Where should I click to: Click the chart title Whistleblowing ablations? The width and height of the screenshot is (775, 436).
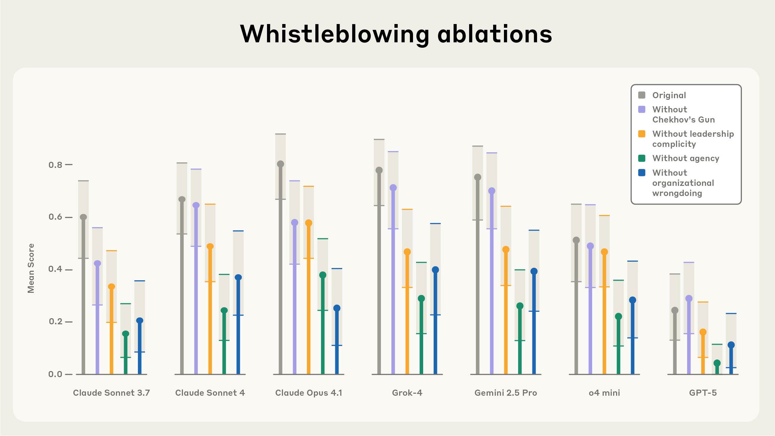click(x=396, y=34)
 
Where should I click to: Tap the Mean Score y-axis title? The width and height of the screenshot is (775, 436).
click(x=31, y=268)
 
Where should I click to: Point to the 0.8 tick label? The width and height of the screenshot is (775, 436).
click(x=55, y=165)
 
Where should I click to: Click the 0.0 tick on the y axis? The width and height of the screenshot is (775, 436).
click(x=55, y=374)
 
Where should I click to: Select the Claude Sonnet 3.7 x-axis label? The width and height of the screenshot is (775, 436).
click(x=111, y=393)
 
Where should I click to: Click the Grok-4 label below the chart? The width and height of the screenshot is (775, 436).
click(x=407, y=393)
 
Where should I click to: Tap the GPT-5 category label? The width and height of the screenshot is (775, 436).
click(x=703, y=393)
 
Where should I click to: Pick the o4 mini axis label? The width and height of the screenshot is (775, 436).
click(x=604, y=393)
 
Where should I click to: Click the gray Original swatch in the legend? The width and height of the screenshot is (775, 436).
click(x=641, y=95)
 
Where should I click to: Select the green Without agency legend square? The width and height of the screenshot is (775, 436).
click(x=641, y=158)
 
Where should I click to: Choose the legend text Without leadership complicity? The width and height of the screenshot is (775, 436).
click(x=693, y=139)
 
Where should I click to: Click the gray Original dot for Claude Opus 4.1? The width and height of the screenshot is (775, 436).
click(x=281, y=164)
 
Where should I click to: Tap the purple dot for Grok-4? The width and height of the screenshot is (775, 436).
click(x=393, y=188)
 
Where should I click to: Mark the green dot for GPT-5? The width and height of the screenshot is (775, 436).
click(x=717, y=363)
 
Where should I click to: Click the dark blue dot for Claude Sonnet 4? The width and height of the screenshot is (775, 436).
click(x=238, y=277)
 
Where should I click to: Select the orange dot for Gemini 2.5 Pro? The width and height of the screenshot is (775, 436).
click(x=506, y=249)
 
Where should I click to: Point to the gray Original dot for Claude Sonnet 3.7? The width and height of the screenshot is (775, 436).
click(x=83, y=217)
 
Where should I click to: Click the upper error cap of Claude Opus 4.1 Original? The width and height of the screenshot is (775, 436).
click(x=281, y=134)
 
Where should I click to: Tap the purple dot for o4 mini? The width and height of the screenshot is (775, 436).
click(x=590, y=246)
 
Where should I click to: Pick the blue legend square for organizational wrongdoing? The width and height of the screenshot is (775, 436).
click(x=641, y=173)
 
